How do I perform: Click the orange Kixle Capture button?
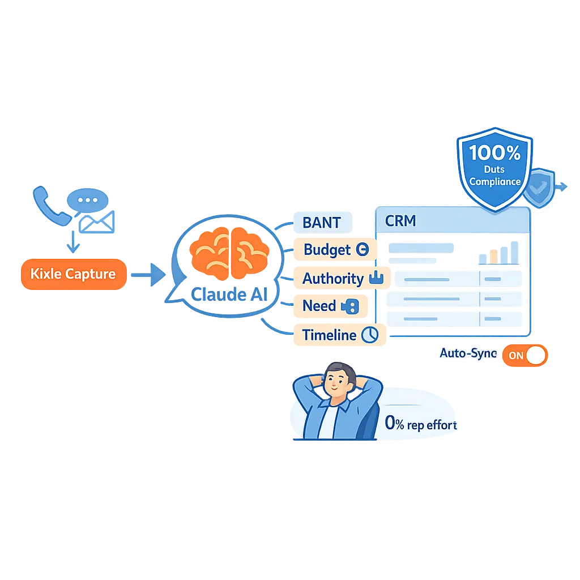coord(73,274)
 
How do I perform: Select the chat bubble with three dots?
coord(87,201)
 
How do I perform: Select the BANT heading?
coord(322,222)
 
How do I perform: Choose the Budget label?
coord(327,250)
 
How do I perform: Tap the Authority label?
coord(333,279)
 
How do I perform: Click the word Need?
coord(319,306)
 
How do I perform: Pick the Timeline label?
coord(329,335)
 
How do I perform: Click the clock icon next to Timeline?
coord(370,335)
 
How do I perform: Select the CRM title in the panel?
coord(400,221)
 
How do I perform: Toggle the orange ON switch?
coord(525,356)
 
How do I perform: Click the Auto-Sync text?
coord(468,353)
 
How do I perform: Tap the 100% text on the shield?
coord(494,152)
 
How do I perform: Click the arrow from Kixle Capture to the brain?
coord(148,276)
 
